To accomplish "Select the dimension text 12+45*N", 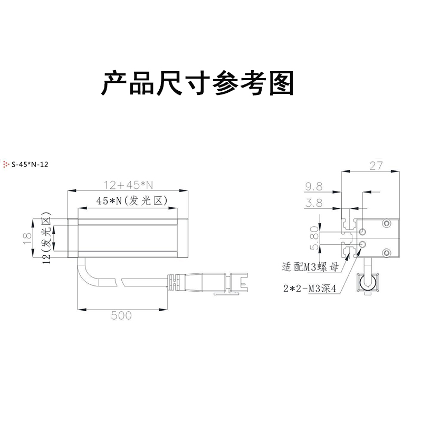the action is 128,185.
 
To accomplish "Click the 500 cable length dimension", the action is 121,316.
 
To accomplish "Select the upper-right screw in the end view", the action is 388,224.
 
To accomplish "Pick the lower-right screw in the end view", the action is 388,254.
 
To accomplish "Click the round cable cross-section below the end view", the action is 366,282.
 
